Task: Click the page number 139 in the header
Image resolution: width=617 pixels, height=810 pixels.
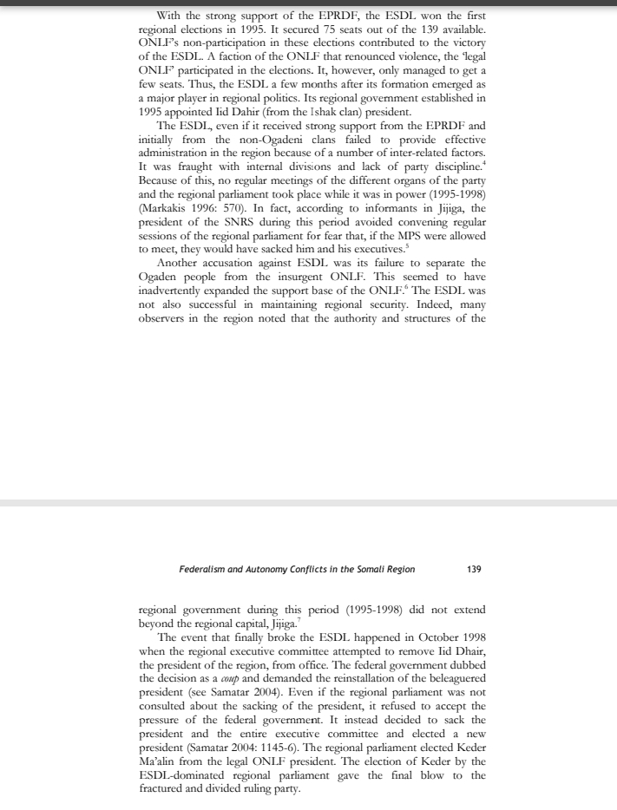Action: (474, 570)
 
